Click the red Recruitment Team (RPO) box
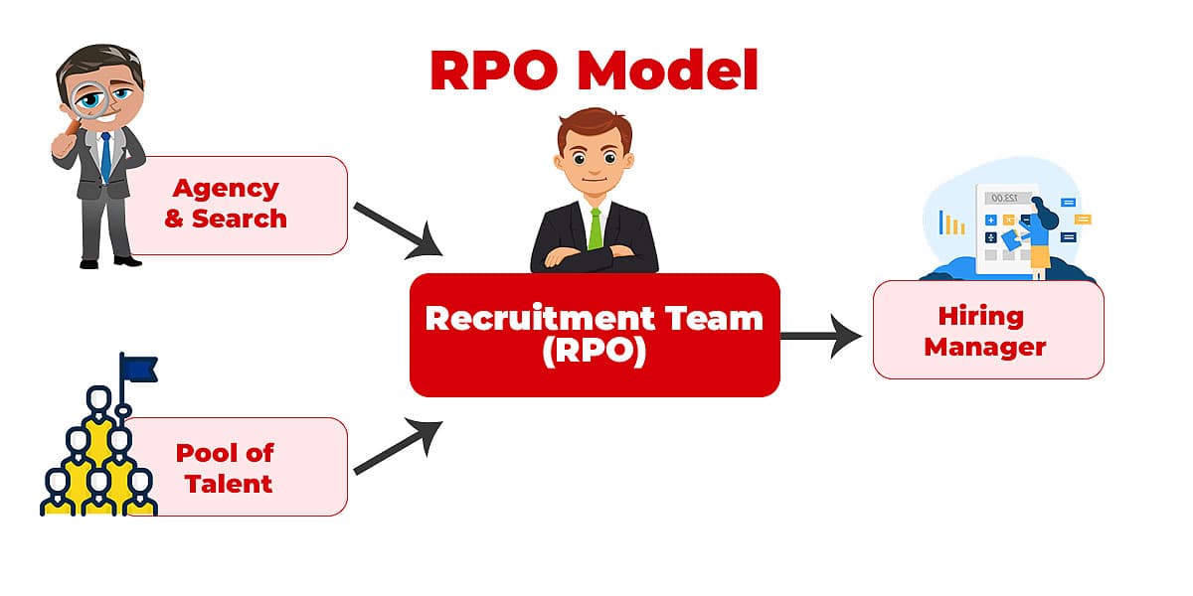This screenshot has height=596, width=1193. point(595,335)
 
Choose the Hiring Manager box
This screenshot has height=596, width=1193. point(988,331)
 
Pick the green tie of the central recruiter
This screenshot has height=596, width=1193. point(595,228)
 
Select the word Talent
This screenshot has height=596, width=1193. point(225,484)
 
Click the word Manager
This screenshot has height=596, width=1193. point(984,347)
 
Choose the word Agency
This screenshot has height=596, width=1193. point(226,188)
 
